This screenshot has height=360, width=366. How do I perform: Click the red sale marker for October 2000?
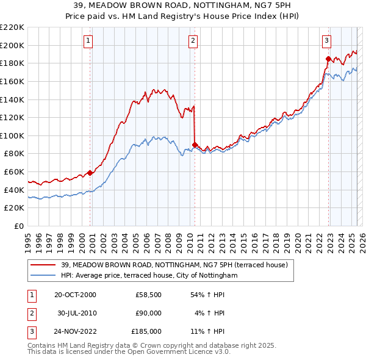click(90, 173)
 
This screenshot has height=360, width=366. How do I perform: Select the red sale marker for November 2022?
click(328, 59)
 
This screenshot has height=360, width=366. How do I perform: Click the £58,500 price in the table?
click(149, 295)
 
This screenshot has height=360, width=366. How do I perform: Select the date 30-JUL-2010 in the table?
click(77, 313)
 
